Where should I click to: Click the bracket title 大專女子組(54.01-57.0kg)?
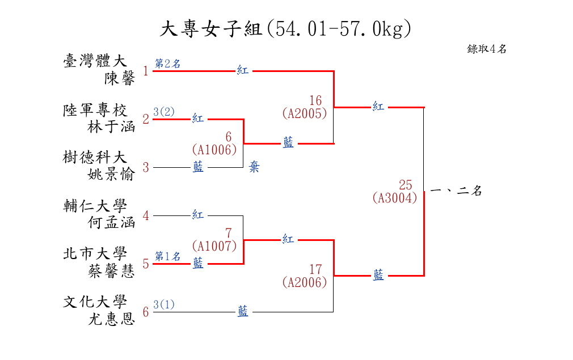(x=285, y=29)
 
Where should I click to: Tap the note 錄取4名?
(x=487, y=49)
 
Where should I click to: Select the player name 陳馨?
(x=120, y=79)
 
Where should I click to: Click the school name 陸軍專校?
(x=95, y=110)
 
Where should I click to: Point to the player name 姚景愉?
(x=111, y=175)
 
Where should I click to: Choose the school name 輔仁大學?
(x=95, y=206)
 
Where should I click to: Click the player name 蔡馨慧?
(x=111, y=272)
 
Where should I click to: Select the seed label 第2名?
(x=168, y=64)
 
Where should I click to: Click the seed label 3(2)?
(x=164, y=112)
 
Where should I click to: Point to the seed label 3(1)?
(x=164, y=305)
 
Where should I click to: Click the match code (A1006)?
(x=214, y=150)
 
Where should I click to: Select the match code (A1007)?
(x=214, y=246)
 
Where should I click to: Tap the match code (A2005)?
(x=305, y=113)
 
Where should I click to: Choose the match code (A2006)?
(x=305, y=282)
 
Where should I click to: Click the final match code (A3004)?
(x=395, y=198)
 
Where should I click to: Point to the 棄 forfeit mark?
(x=254, y=168)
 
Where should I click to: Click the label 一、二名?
(x=456, y=192)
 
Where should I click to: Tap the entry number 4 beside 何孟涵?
(x=146, y=216)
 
